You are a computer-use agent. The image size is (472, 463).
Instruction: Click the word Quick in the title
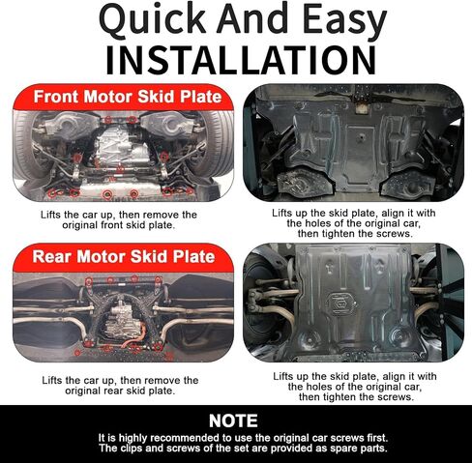point(153,19)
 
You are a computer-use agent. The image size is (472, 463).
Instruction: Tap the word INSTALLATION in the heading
point(241,60)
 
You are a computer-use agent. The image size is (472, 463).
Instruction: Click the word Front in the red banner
point(56,97)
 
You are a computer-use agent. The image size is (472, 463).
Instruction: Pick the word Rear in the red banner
point(51,256)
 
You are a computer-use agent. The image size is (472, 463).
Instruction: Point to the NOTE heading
point(233,420)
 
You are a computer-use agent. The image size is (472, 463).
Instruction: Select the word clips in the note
point(133,449)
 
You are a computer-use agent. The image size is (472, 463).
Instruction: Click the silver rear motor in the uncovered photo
point(124,321)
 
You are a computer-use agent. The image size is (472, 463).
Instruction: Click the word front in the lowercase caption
point(112,225)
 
